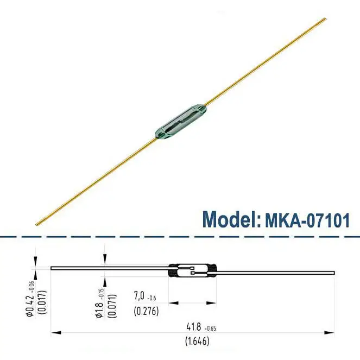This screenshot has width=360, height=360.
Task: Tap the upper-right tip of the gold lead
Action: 325,20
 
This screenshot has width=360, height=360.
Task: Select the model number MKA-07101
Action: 307,220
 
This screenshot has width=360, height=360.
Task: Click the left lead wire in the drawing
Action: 109,268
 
